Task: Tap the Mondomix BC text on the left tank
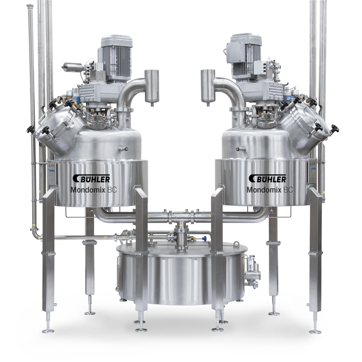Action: tap(93, 190)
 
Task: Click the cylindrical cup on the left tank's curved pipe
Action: tap(152, 87)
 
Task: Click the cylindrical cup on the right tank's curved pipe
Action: tap(208, 87)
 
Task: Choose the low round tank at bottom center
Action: tap(181, 273)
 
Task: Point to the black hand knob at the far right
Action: tap(335, 129)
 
